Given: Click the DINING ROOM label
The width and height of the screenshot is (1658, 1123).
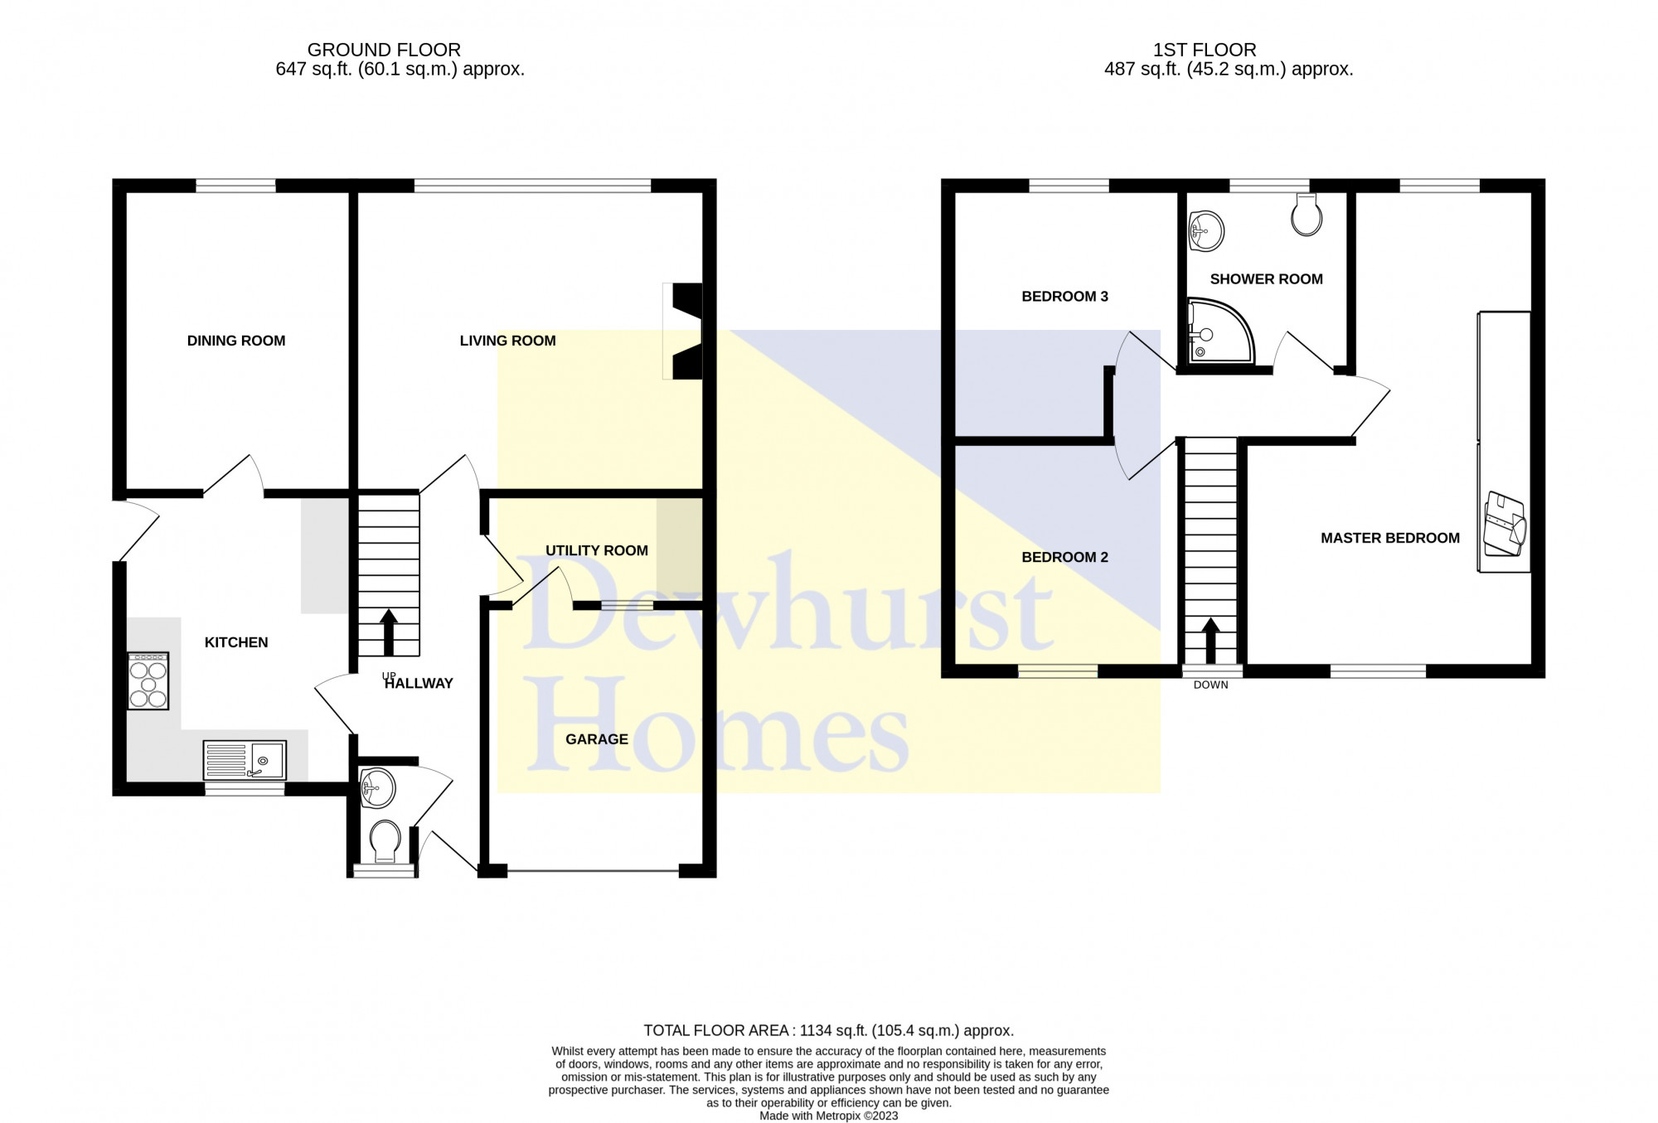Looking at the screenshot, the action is (236, 341).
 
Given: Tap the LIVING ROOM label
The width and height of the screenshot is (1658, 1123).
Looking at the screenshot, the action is (507, 341).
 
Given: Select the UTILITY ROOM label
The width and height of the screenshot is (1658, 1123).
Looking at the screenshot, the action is (597, 550).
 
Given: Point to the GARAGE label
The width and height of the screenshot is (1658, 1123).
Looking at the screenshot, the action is (597, 739).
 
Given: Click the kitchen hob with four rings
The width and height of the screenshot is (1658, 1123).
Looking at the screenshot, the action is (148, 680).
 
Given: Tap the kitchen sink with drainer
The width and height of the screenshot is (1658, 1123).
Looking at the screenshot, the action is (245, 760).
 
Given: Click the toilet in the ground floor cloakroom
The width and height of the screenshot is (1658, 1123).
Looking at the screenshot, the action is (385, 841).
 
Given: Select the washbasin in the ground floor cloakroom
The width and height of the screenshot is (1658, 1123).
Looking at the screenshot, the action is (377, 787).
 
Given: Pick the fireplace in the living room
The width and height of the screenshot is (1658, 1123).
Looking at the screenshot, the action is (682, 332).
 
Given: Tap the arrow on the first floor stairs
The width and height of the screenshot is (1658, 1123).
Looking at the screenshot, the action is (1210, 641).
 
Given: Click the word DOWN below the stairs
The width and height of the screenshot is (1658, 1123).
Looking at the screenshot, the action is (1211, 685).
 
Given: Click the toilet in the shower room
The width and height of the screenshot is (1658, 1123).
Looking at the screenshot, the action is (1307, 215).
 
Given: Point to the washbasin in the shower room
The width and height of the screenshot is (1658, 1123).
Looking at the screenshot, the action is (1206, 230).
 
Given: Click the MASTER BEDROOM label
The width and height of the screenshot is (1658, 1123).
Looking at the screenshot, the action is (1390, 538).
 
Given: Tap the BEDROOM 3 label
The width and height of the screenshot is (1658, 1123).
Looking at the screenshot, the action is (1064, 297).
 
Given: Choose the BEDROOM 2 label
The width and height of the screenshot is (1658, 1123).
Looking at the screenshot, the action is (1064, 557).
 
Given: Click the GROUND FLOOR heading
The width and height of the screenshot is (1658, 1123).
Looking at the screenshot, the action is (384, 50).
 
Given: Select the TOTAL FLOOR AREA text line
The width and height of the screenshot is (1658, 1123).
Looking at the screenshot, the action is (829, 1031).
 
